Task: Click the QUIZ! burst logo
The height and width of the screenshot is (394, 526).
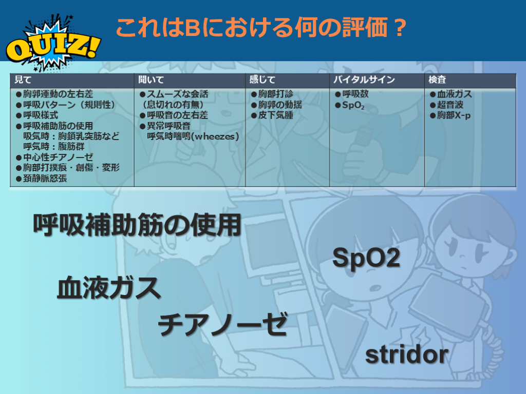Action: (53, 44)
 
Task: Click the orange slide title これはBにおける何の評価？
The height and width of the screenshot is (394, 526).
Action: (261, 28)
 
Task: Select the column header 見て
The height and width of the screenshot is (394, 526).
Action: (23, 80)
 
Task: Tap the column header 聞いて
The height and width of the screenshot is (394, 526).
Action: (151, 80)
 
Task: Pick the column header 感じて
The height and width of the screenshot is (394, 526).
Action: (262, 80)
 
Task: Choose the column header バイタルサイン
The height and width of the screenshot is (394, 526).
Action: (364, 80)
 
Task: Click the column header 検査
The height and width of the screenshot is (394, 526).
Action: (437, 80)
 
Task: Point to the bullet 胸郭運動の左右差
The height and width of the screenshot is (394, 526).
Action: (54, 94)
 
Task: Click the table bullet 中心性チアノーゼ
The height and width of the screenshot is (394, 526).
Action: (54, 157)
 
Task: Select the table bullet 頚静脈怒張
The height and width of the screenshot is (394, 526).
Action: (41, 178)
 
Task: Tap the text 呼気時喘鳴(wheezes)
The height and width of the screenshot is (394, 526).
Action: (193, 136)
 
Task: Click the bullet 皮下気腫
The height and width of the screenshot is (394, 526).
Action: (272, 115)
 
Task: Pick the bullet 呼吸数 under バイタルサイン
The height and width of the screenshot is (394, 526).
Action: (351, 94)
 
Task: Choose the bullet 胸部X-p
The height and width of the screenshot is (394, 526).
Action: (450, 115)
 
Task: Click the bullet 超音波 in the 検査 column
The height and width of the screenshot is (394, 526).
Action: (446, 105)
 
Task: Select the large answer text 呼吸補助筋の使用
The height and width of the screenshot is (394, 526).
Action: (137, 225)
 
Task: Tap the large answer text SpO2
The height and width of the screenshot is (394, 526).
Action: (366, 258)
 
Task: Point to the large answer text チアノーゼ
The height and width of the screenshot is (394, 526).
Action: (222, 324)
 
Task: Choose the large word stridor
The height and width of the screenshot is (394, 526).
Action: (407, 355)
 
